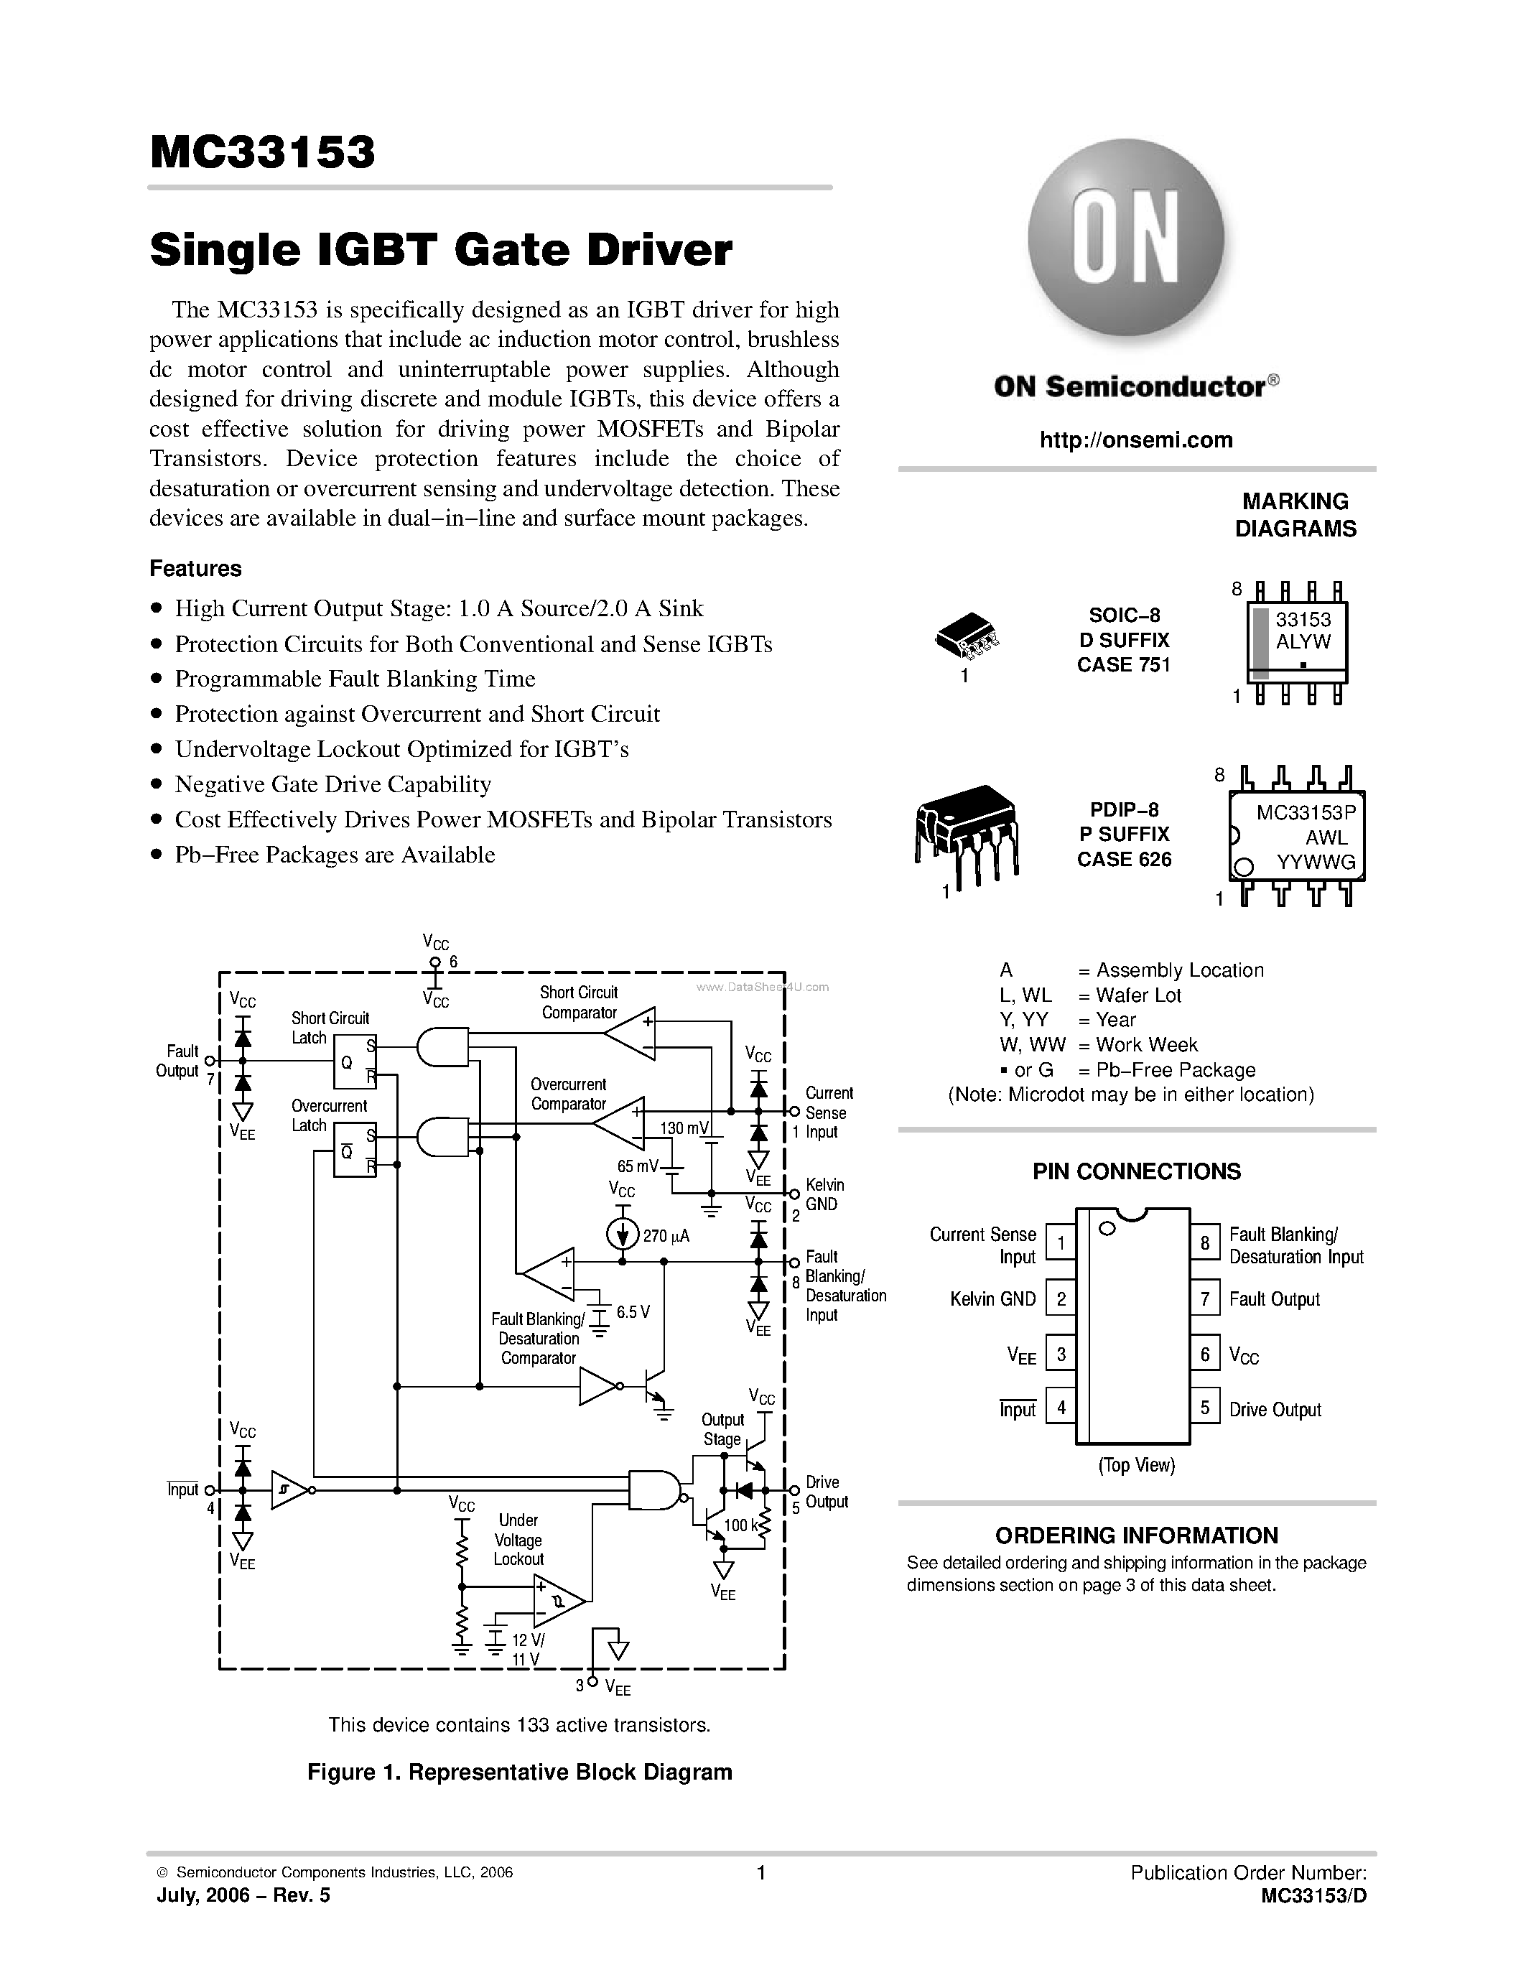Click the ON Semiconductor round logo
(x=1125, y=237)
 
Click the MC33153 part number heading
(x=262, y=152)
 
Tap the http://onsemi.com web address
(x=1136, y=440)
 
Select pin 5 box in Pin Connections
(x=1204, y=1408)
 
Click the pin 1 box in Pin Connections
(x=1061, y=1242)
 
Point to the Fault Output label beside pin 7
(x=1274, y=1299)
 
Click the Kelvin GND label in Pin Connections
(x=992, y=1299)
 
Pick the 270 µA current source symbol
(x=623, y=1235)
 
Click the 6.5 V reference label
(x=633, y=1311)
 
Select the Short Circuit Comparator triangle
(x=632, y=1032)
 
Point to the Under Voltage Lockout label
(x=518, y=1539)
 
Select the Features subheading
(x=195, y=568)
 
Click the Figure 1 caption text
(x=520, y=1772)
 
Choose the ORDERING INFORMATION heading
(x=1136, y=1535)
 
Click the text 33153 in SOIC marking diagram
(x=1303, y=620)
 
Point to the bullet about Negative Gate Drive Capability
(x=332, y=784)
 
